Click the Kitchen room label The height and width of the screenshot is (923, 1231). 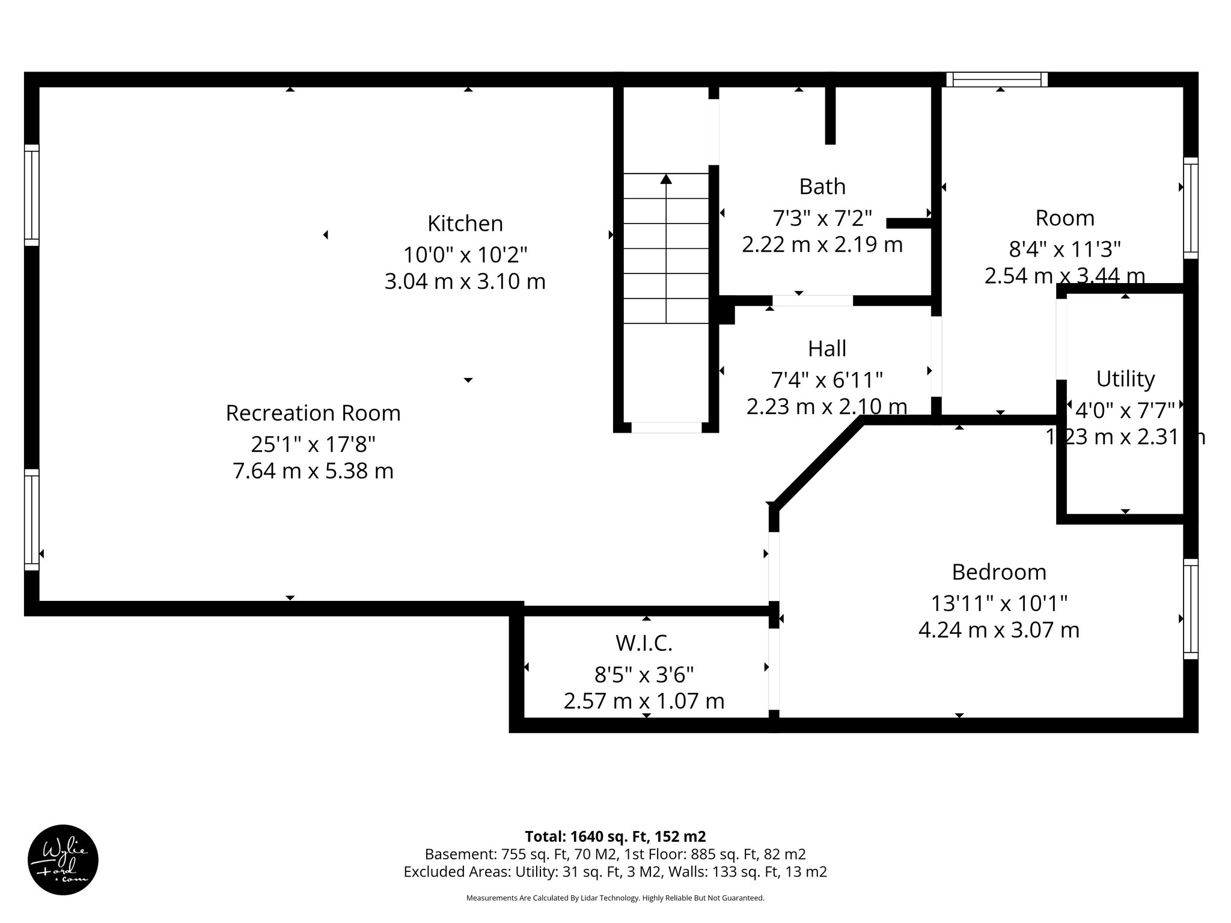coord(465,224)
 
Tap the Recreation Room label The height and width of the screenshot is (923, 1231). coord(313,413)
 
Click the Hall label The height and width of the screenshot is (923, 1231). coord(827,349)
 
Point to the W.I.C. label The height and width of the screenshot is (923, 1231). coord(644,644)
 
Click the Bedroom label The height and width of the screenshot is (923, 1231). coord(999,572)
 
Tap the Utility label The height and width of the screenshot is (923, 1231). coord(1125,379)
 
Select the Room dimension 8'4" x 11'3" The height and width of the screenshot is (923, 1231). coord(1065,249)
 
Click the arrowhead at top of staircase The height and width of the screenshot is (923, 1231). coord(666,179)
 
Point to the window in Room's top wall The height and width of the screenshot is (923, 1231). coord(997,80)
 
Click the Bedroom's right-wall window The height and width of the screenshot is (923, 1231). coord(1190,609)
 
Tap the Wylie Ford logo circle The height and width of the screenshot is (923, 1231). coord(63,860)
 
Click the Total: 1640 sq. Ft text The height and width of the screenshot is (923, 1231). coord(615,836)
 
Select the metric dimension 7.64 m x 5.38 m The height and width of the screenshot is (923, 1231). coord(313,471)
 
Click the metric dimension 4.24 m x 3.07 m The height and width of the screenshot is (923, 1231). coord(999,630)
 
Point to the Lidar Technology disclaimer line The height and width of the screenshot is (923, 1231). coord(615,898)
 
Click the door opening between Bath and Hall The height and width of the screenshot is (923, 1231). coord(812,301)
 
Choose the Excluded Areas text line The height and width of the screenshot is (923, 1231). coord(615,872)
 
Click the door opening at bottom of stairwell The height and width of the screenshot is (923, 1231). coord(666,427)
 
